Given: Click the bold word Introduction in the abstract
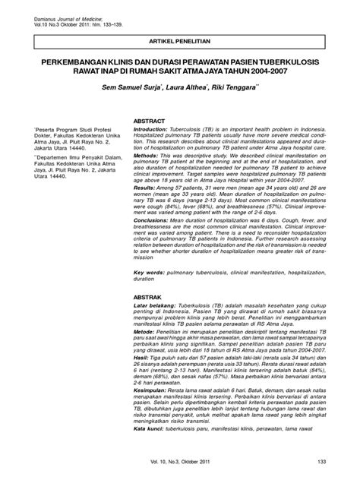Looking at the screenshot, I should pyautogui.click(x=153, y=130).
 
